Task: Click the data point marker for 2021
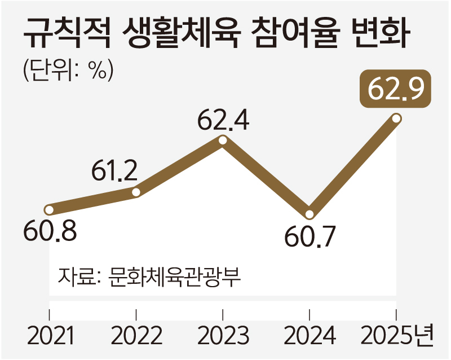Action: (x=50, y=210)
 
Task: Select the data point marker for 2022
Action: (x=136, y=192)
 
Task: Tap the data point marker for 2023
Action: (x=223, y=141)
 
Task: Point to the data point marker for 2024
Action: (x=309, y=214)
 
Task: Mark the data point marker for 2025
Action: (x=396, y=118)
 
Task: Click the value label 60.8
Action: (x=50, y=231)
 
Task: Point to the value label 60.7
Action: (x=309, y=238)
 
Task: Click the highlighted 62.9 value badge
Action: (x=396, y=90)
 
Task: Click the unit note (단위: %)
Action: (x=68, y=71)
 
